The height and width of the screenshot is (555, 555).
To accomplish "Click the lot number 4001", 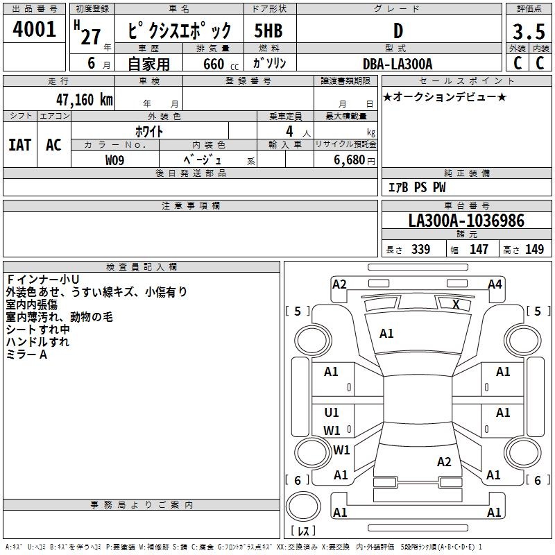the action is tap(34, 29).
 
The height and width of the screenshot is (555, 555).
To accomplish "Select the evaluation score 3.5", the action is tap(529, 31).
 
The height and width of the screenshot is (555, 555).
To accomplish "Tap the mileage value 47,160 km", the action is tap(84, 99).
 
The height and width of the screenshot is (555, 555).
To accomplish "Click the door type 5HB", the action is tap(268, 31).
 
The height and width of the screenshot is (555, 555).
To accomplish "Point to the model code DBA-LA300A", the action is tap(398, 64).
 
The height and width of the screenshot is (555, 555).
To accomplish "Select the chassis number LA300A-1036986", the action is tap(466, 221).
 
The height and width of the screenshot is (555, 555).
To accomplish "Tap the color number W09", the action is tap(114, 160).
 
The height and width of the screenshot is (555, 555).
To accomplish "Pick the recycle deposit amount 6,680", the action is tap(350, 160).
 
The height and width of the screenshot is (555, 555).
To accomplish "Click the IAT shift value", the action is tap(20, 145).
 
